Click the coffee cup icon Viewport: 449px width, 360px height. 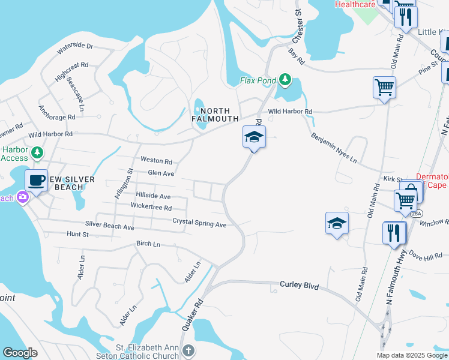tap(36, 180)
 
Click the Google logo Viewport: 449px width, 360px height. tap(20, 353)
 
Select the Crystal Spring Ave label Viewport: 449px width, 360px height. tap(199, 222)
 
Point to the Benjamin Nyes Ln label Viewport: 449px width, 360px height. tap(334, 149)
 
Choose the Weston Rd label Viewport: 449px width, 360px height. tap(156, 161)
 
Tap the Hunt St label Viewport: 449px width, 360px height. tap(77, 234)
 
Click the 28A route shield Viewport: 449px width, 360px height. tap(417, 214)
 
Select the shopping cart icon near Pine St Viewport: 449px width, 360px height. tap(384, 87)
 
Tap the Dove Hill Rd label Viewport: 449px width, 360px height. tap(426, 256)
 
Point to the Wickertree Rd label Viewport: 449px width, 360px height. tap(151, 207)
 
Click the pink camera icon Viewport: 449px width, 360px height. tap(23, 196)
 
